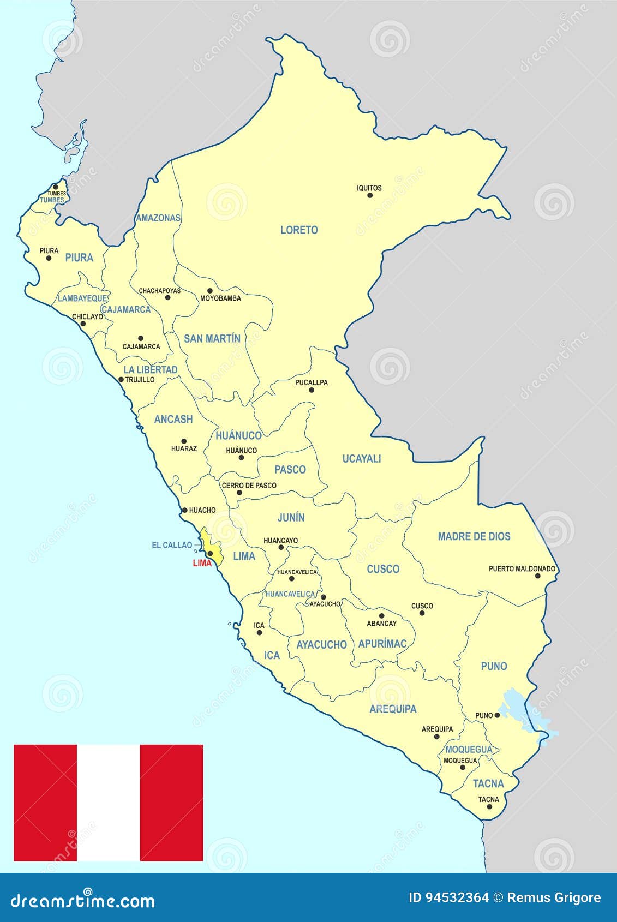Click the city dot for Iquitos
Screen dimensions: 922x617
tap(370, 195)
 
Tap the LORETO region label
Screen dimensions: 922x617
tap(299, 230)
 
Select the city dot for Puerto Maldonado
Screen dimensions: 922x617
tap(537, 576)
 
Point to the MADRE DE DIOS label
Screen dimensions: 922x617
tap(474, 536)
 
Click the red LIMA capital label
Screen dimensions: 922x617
tap(202, 564)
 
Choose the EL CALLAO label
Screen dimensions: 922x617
tap(172, 545)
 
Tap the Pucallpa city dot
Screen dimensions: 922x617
tap(312, 390)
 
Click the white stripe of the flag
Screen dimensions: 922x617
tap(108, 803)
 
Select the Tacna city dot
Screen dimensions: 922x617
tap(489, 807)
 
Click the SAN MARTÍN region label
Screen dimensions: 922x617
tap(212, 339)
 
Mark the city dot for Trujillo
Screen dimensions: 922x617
tap(121, 380)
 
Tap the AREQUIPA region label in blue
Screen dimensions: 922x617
tap(393, 709)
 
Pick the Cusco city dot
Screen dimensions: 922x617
tap(422, 613)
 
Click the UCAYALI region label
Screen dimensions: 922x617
tap(361, 459)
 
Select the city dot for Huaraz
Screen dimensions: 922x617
tap(184, 441)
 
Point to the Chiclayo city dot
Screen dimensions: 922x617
tap(83, 324)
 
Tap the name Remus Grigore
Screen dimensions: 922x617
tap(554, 898)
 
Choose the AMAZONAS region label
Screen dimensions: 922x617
tap(158, 218)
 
